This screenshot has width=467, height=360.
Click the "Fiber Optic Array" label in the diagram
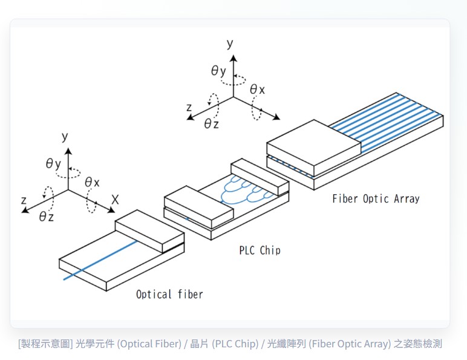(376, 199)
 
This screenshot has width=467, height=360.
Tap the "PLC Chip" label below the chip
(260, 250)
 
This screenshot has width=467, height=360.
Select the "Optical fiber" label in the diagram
(169, 295)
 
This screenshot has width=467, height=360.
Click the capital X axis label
(115, 200)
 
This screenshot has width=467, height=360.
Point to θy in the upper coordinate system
(218, 71)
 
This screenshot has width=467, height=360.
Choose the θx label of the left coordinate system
(92, 182)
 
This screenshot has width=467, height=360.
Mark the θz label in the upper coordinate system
(212, 123)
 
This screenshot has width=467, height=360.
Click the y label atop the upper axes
(230, 44)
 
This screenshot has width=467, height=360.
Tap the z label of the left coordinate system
(24, 200)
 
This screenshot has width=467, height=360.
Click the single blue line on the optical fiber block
(100, 260)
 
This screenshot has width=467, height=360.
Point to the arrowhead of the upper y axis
(234, 59)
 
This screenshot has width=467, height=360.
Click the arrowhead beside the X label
(111, 210)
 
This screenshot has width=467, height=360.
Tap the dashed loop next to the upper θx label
(256, 108)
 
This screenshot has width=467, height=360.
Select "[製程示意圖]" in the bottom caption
(45, 344)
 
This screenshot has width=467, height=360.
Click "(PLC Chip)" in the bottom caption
(235, 344)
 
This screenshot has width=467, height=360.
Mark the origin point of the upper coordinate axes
(234, 97)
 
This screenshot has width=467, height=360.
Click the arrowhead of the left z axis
(25, 211)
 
